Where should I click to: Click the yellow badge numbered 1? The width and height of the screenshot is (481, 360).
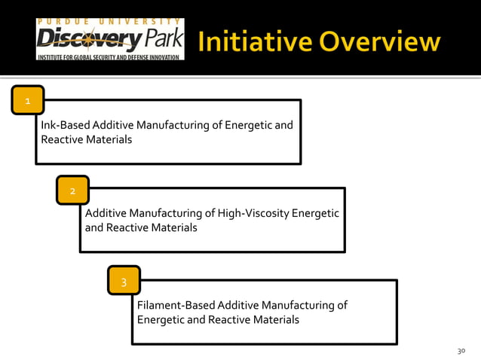28,100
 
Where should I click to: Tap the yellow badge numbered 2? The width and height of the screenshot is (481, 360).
72,191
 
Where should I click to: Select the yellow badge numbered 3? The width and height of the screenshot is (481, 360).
124,282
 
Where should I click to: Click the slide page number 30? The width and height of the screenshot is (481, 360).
461,351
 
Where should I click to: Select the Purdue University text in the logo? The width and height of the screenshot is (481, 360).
109,21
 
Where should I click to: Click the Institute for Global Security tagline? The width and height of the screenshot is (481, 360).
109,56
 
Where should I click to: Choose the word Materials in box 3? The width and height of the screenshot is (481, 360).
276,319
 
